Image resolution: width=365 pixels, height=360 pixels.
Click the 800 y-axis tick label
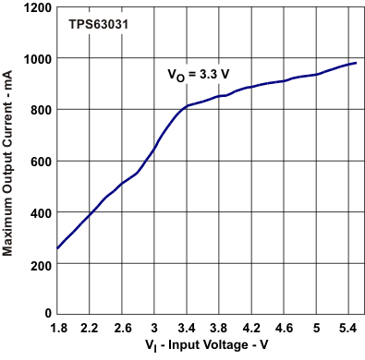[40, 110]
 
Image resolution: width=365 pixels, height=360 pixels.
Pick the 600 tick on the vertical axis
[40, 161]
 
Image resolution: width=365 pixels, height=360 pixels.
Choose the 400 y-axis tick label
[40, 212]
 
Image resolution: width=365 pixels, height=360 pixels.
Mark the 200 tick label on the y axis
[40, 264]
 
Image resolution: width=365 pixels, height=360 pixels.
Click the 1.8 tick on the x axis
[57, 327]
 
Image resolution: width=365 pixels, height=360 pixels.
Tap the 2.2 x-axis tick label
[90, 327]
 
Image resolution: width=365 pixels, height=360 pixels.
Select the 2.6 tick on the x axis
[122, 327]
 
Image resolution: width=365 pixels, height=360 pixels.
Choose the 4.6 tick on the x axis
[284, 327]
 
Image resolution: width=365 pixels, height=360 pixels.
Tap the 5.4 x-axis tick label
[348, 327]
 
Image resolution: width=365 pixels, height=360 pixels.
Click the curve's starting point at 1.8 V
[57, 248]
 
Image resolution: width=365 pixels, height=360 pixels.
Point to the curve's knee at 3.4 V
[187, 106]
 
